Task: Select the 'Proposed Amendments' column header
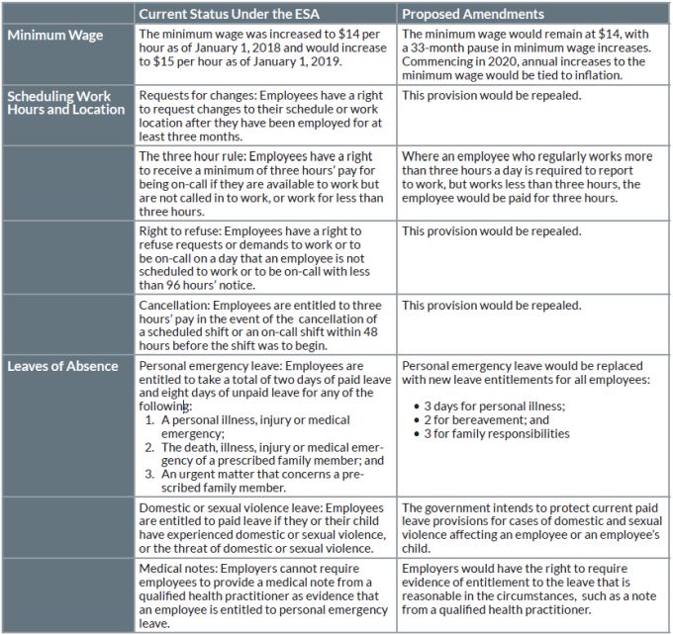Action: [473, 15]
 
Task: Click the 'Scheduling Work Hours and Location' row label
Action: [65, 102]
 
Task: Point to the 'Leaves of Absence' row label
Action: [63, 366]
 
